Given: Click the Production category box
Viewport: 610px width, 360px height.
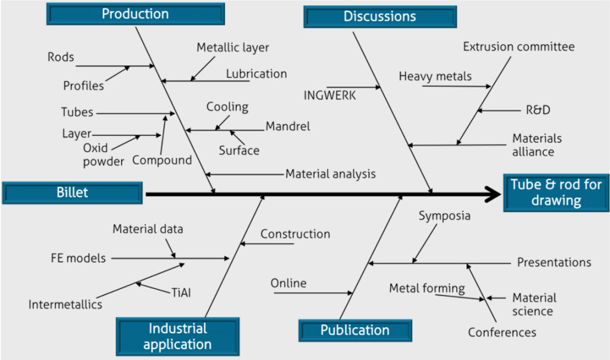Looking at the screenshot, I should click(135, 14).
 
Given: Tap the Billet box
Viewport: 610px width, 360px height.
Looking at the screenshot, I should click(72, 192).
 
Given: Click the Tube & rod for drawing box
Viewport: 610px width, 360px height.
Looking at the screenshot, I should click(556, 193).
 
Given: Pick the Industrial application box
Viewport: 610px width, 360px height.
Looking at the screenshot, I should click(178, 336).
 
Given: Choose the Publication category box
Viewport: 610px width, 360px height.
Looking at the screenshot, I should click(355, 330).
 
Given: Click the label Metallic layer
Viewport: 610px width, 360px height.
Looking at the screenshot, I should click(233, 48).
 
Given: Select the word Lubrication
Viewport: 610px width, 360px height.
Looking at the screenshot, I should click(256, 74).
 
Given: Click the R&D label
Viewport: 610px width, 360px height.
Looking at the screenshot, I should click(538, 110).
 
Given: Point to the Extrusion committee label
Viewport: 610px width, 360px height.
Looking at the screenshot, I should click(518, 46).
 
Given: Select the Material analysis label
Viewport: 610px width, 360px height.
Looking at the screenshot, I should click(331, 174).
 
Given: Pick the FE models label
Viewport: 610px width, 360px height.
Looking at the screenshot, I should click(78, 258).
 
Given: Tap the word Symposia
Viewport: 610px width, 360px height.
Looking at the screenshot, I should click(444, 215).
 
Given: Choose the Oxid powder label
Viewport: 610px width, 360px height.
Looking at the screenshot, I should click(103, 154).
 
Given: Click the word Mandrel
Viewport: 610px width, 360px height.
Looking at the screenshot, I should click(288, 126).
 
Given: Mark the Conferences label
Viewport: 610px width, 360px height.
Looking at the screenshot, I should click(502, 333).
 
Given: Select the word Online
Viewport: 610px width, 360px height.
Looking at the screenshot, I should click(288, 283).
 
